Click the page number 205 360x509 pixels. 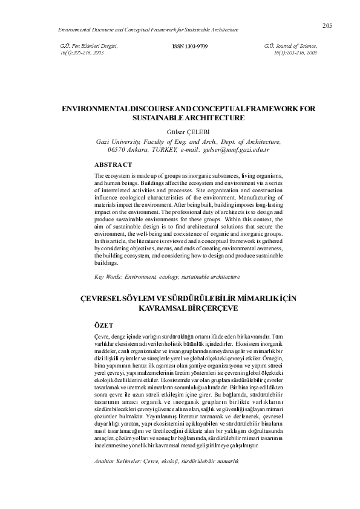point(328,25)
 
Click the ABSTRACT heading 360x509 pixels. point(114,164)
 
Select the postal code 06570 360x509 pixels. point(117,149)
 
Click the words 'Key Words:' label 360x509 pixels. point(109,276)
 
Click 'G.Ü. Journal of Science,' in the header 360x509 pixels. point(290,46)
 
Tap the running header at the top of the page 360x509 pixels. point(148,29)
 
